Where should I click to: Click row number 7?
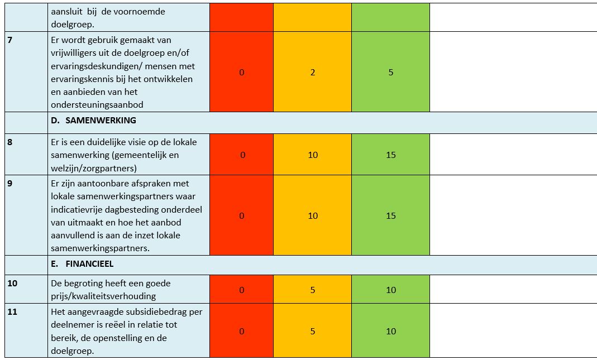pos(9,40)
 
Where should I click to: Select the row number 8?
pos(9,142)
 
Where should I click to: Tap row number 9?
pos(9,184)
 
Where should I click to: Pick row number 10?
pos(12,283)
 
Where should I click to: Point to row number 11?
pos(12,311)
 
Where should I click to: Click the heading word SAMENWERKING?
pos(101,120)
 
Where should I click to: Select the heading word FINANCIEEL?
pos(89,263)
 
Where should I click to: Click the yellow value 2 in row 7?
pos(313,73)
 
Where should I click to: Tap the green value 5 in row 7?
pos(390,73)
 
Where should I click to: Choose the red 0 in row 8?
pos(242,155)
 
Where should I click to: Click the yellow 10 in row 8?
pos(313,155)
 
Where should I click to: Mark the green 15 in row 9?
pos(390,216)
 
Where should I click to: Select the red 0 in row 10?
pos(241,290)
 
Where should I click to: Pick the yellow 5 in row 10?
pos(313,290)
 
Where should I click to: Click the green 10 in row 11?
pos(390,331)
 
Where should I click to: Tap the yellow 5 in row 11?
pos(313,331)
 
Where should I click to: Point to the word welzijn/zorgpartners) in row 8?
pos(94,168)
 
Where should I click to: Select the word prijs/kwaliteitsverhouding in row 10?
pos(103,296)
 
